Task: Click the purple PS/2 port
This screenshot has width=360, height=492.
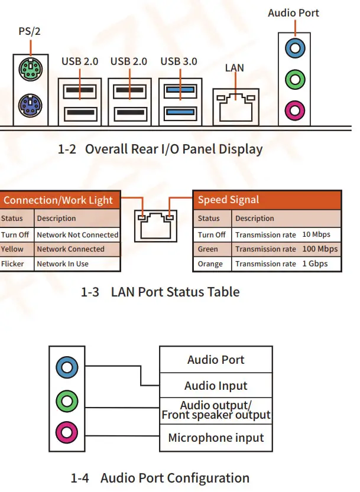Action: point(28,107)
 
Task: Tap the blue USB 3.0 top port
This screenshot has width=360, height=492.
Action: point(179,90)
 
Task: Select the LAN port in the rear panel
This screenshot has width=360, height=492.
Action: point(235,105)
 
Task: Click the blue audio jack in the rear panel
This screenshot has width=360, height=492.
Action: point(294,47)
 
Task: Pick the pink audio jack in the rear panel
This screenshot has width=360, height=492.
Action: point(294,109)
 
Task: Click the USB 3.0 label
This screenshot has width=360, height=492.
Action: point(179,61)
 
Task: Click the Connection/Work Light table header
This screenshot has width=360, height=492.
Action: point(58,200)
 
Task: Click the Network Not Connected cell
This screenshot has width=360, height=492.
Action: point(77,234)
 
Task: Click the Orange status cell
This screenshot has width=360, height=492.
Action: point(211,264)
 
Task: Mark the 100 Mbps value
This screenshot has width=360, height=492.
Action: point(320,249)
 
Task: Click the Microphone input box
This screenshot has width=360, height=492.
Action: point(216,438)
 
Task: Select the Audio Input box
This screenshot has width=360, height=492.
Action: point(216,386)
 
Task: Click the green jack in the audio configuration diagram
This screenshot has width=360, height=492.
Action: point(67,402)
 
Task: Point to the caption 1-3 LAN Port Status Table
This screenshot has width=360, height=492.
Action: point(160,292)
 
